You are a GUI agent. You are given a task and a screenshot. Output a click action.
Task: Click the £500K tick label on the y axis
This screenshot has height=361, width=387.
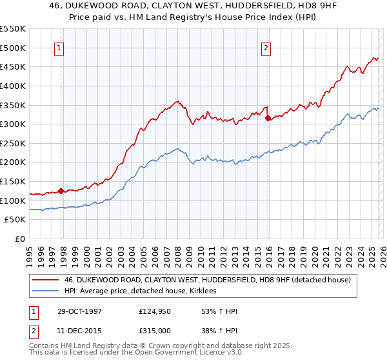coord(13,48)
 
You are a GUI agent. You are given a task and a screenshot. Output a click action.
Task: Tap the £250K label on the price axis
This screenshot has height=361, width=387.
coord(13,143)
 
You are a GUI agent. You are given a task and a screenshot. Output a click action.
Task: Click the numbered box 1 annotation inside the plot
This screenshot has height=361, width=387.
coord(59,47)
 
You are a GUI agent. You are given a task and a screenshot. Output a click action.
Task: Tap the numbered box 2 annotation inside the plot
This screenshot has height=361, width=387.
coord(266,47)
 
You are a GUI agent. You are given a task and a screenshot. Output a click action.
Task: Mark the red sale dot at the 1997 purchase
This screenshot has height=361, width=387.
coord(61,191)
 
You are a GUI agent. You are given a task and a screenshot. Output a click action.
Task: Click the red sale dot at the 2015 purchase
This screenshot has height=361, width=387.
coord(268,118)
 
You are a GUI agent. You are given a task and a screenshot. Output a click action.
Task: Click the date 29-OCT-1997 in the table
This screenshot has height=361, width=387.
coord(77,311)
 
